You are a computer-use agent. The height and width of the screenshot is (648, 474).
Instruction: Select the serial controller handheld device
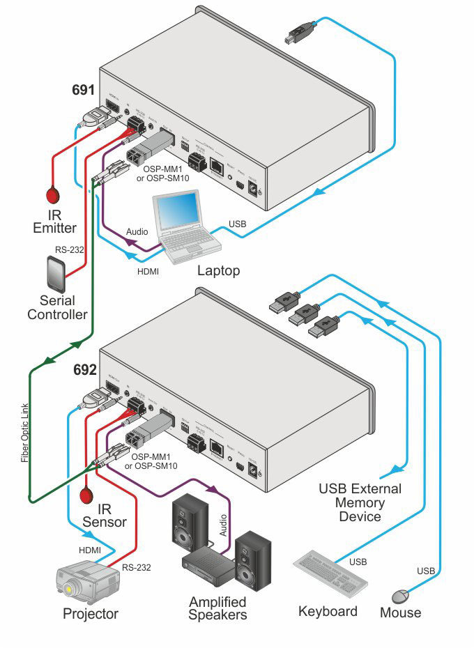(x=56, y=275)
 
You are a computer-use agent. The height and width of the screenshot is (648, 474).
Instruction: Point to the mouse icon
(x=400, y=596)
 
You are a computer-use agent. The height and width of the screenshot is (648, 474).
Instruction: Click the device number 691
(x=84, y=91)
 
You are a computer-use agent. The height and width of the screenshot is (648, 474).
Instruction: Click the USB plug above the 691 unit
(x=301, y=33)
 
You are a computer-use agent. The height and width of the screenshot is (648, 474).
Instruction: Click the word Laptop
(x=219, y=270)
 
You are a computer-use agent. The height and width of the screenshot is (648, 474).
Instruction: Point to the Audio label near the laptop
(x=137, y=231)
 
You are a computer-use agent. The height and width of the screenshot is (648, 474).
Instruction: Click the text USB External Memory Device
(x=360, y=502)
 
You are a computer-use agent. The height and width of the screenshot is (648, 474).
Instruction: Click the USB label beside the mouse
(x=426, y=571)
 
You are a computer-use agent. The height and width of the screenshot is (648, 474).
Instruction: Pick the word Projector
(x=91, y=614)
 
